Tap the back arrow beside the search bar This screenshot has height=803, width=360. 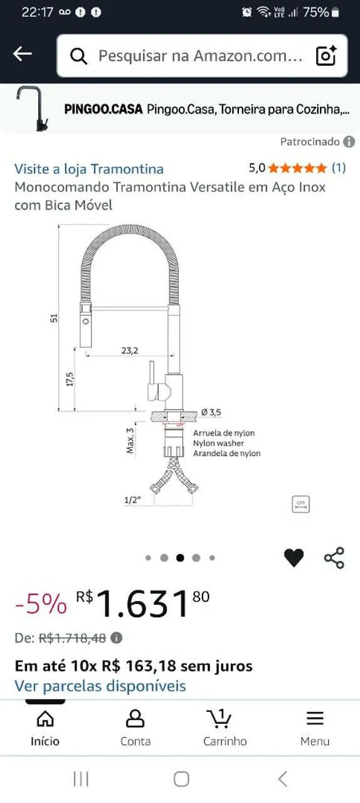(23, 55)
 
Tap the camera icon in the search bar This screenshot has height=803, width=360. (326, 56)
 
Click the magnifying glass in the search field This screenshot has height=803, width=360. (78, 56)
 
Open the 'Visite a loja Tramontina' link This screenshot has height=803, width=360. (89, 169)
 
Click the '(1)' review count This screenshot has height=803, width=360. (338, 168)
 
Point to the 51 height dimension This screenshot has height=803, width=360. (54, 318)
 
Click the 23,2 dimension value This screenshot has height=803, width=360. (129, 351)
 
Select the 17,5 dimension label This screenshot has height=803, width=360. (70, 379)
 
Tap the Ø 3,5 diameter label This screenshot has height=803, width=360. (211, 412)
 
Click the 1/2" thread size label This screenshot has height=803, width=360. (132, 499)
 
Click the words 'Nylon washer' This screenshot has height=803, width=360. (218, 443)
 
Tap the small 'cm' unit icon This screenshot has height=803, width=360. (301, 504)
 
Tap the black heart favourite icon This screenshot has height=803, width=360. (294, 558)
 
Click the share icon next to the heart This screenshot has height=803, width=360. (334, 558)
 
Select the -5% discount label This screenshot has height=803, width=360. (40, 604)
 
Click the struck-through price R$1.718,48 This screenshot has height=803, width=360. (72, 638)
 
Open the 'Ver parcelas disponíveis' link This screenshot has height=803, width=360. (100, 686)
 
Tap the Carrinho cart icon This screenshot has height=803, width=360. (220, 719)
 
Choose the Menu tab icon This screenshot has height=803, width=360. (315, 719)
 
